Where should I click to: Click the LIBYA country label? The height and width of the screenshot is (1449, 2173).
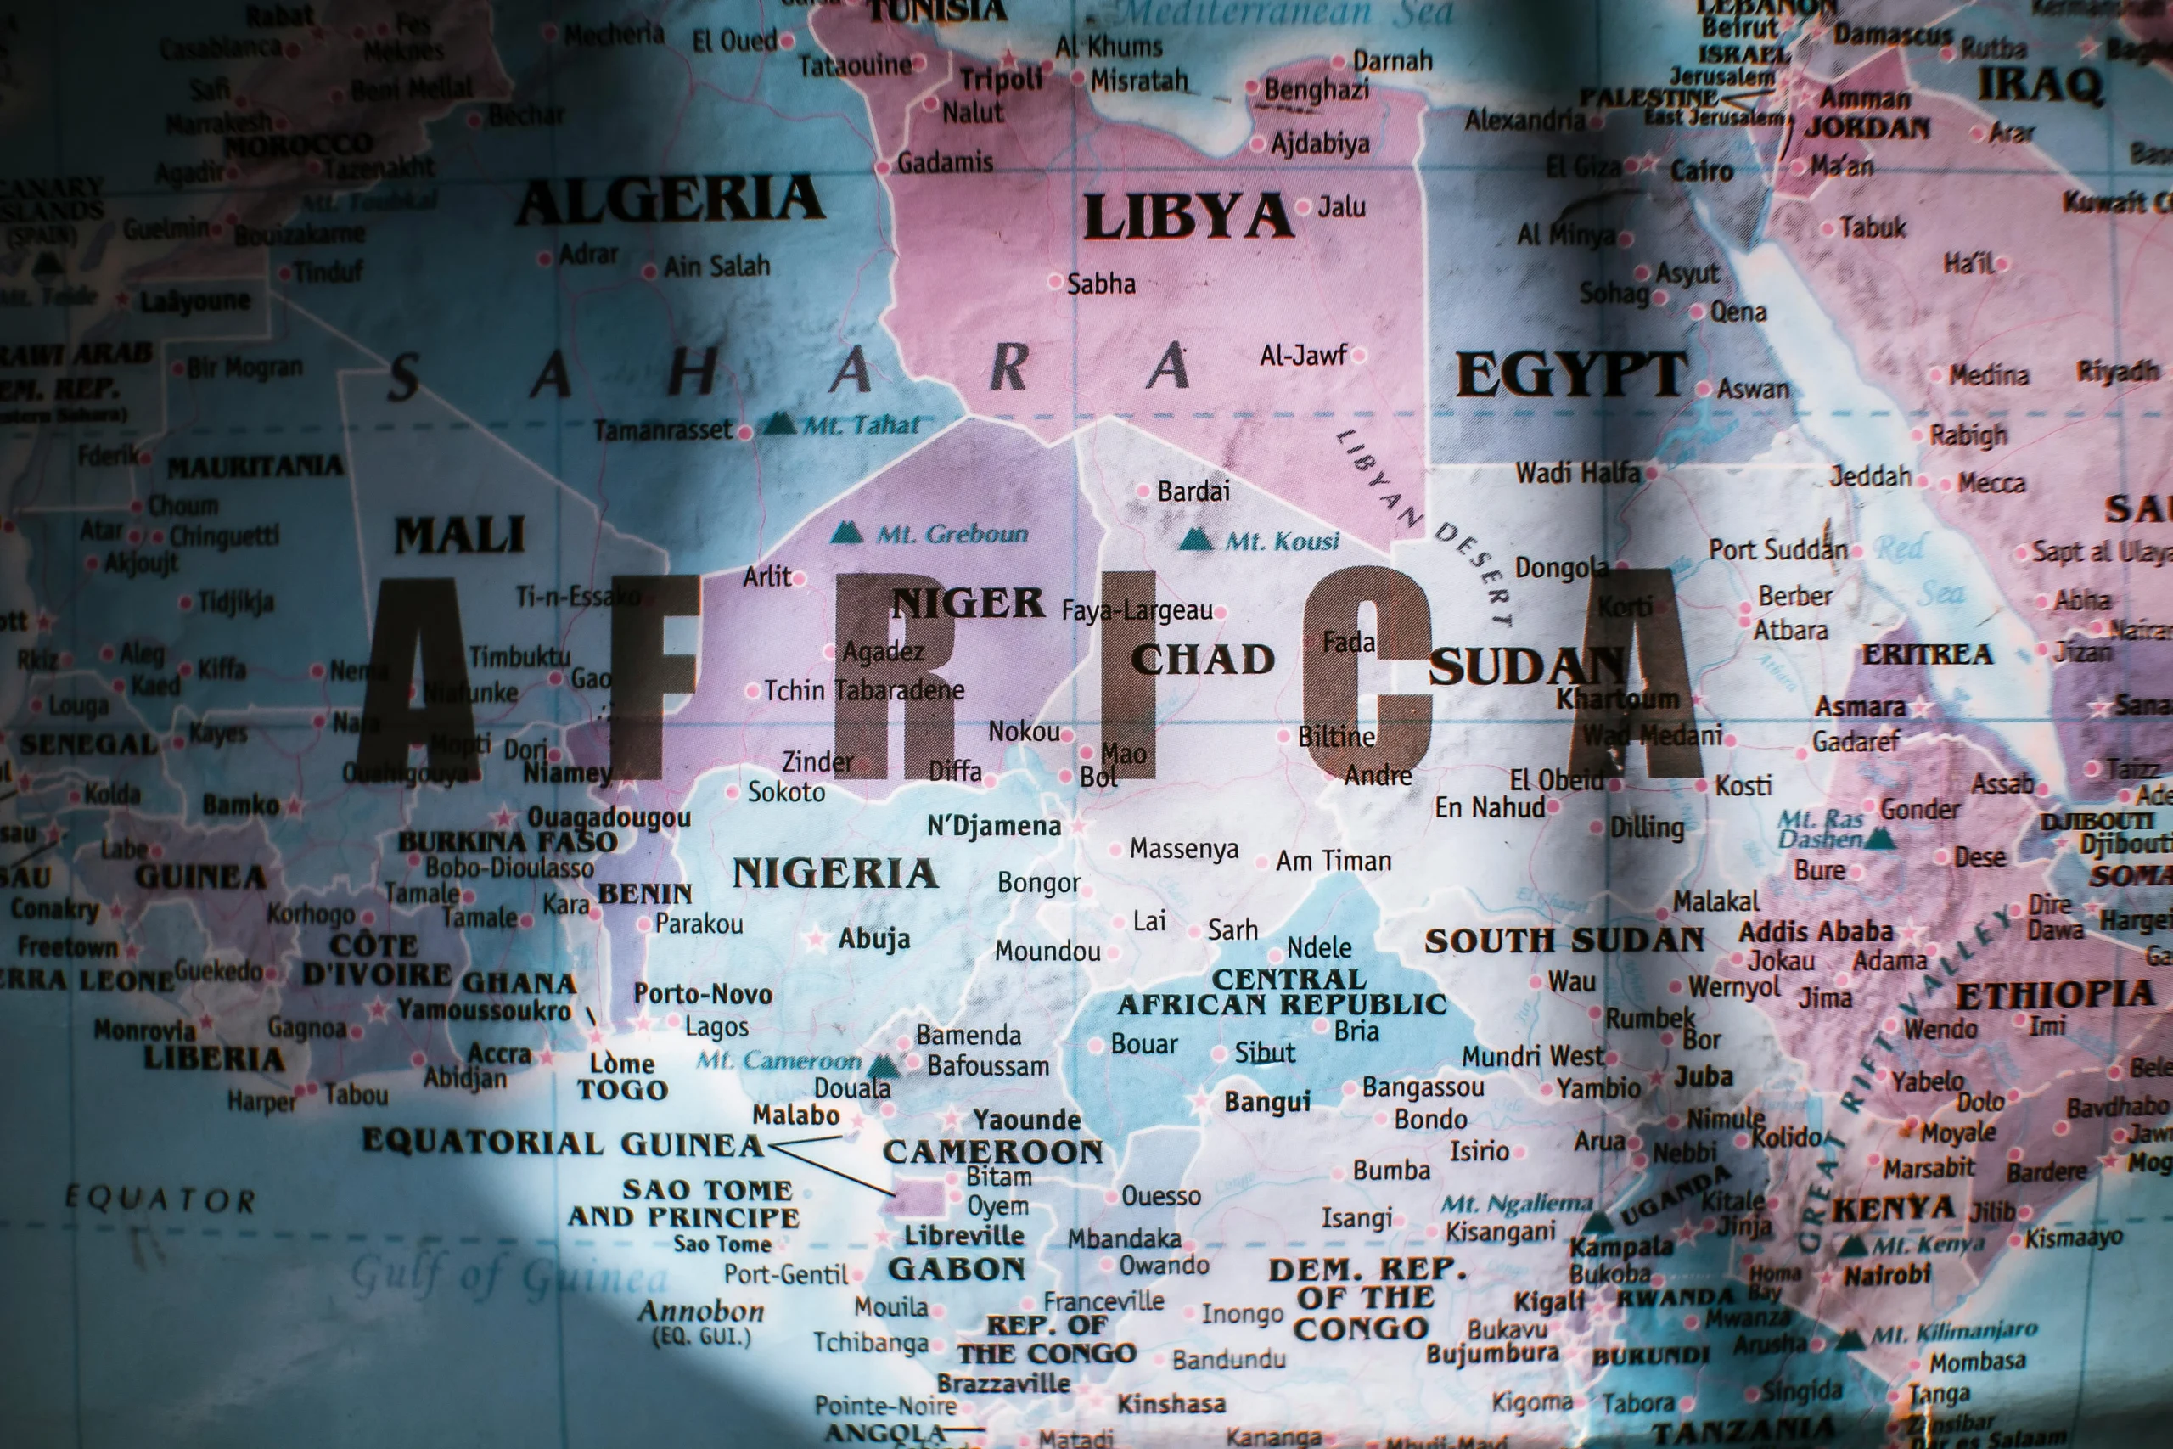click(1188, 217)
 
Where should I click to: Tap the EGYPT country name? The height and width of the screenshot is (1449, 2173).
click(1571, 374)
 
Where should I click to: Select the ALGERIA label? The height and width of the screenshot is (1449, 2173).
click(670, 199)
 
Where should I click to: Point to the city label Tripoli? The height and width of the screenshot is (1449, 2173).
click(1001, 81)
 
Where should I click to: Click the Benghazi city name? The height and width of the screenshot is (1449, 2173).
click(1317, 90)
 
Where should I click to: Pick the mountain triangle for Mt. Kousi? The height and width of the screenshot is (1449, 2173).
click(1197, 539)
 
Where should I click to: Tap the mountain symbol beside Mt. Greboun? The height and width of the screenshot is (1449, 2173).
click(846, 533)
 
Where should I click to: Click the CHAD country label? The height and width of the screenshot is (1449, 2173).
click(1203, 660)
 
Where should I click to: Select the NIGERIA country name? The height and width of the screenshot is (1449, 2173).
click(835, 873)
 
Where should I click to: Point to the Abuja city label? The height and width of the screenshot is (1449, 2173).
click(874, 939)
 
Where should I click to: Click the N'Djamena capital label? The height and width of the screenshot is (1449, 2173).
click(994, 825)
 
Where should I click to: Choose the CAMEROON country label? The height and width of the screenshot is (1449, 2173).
click(993, 1151)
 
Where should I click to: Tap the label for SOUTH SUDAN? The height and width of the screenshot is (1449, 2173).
click(1564, 941)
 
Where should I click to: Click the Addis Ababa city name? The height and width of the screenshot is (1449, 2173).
click(1816, 930)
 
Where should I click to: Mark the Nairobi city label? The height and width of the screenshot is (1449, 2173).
click(1888, 1276)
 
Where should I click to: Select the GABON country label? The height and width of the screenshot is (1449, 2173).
click(957, 1270)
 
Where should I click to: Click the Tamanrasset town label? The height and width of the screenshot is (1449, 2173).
click(662, 430)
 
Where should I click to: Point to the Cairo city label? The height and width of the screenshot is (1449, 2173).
click(1701, 171)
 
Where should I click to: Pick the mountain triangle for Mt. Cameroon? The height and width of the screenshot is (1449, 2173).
click(884, 1065)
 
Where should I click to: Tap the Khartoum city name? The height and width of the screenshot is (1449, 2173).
click(1618, 699)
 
